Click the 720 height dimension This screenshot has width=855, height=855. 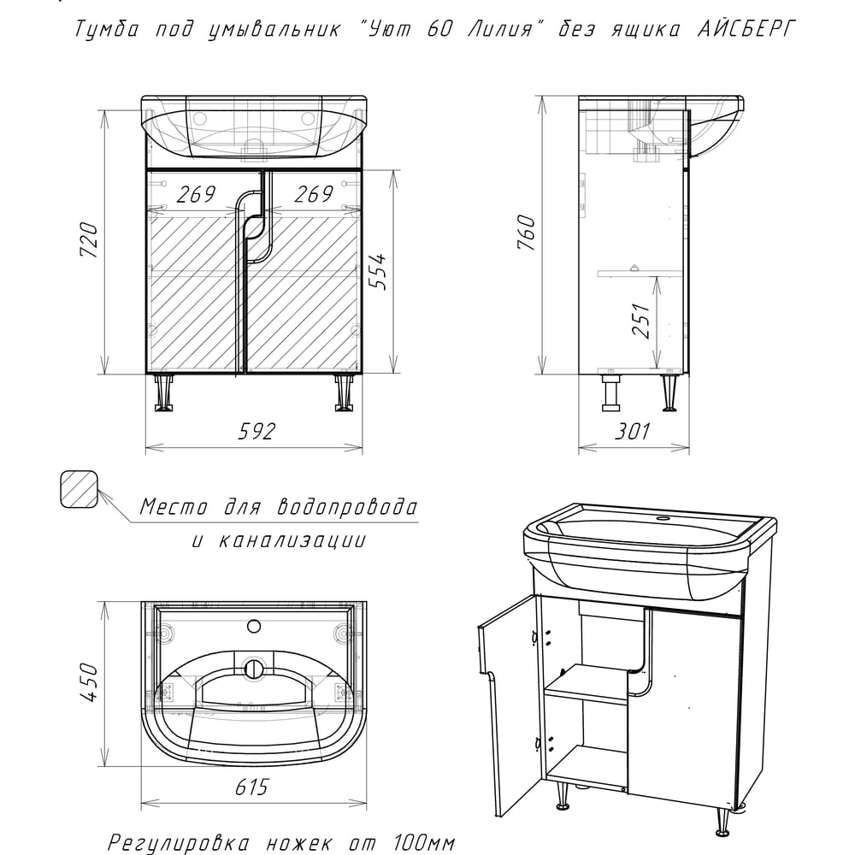pyautogui.click(x=90, y=240)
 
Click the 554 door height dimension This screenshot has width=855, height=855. pyautogui.click(x=377, y=271)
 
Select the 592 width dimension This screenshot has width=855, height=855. pyautogui.click(x=256, y=431)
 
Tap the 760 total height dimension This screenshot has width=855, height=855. pyautogui.click(x=526, y=233)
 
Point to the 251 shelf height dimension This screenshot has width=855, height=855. pyautogui.click(x=641, y=321)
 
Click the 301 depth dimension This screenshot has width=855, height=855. pyautogui.click(x=633, y=431)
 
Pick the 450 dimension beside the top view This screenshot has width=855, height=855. pyautogui.click(x=88, y=681)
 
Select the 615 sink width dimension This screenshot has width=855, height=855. pyautogui.click(x=252, y=787)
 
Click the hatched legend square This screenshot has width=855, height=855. pyautogui.click(x=79, y=490)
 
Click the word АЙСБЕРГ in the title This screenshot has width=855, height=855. pyautogui.click(x=746, y=29)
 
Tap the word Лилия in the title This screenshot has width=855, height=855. pyautogui.click(x=500, y=29)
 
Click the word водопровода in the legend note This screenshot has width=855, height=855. pyautogui.click(x=347, y=506)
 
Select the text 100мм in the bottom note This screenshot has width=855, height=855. pyautogui.click(x=424, y=844)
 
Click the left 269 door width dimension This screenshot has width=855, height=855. pyautogui.click(x=196, y=194)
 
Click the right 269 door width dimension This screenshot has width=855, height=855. pyautogui.click(x=314, y=194)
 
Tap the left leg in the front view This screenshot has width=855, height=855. pyautogui.click(x=163, y=392)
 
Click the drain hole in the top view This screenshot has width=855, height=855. pyautogui.click(x=254, y=669)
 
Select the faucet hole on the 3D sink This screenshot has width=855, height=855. pyautogui.click(x=663, y=519)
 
